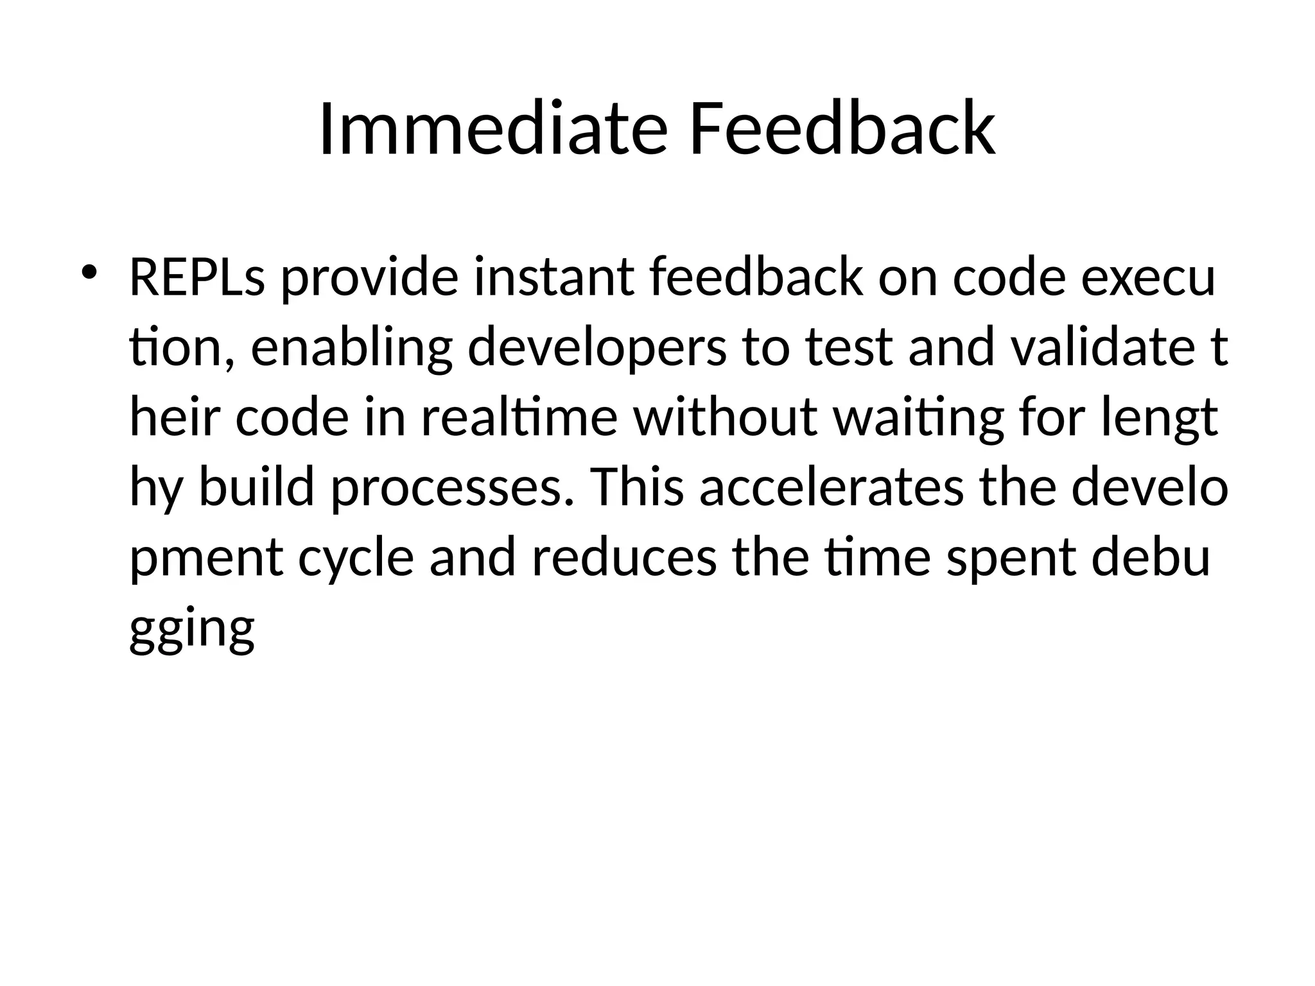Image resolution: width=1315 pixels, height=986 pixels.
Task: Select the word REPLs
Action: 197,277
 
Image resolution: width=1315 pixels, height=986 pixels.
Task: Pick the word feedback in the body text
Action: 756,277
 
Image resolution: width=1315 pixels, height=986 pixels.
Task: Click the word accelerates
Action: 831,487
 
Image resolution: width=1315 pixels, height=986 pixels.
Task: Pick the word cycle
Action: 356,557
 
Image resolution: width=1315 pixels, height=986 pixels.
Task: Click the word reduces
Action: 623,557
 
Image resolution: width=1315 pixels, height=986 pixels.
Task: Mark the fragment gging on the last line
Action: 192,627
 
